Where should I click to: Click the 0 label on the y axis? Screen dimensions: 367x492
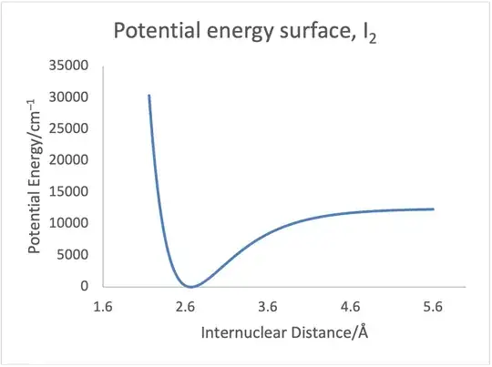(x=84, y=286)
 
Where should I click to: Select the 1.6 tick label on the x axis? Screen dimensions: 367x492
(x=103, y=307)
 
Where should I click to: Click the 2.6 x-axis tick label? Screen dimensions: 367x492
(x=186, y=307)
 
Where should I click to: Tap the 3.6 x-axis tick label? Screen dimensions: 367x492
(x=269, y=307)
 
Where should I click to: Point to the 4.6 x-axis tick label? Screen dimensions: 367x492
(x=351, y=307)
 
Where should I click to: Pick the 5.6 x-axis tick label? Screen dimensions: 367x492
(x=434, y=307)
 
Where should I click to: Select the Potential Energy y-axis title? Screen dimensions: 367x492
(x=34, y=177)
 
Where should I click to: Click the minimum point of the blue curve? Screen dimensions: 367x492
(x=190, y=286)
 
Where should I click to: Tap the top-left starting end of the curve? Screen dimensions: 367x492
(x=149, y=95)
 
